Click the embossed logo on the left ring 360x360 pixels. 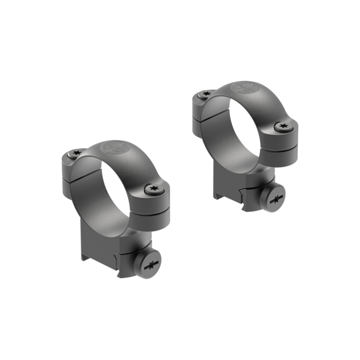tap(112, 149)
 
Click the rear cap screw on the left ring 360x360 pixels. tap(76, 153)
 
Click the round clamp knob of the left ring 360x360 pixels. tap(150, 265)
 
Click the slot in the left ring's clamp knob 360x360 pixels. tap(151, 265)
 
